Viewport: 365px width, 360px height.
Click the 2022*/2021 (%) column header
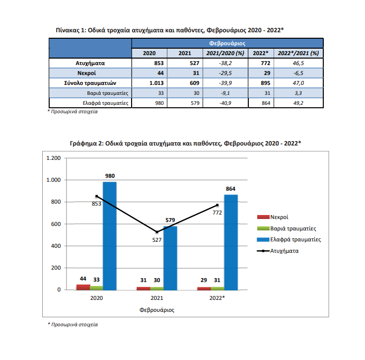(x=298, y=53)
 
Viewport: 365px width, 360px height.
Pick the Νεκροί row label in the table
(x=86, y=73)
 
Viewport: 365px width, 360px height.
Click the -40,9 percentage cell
(x=225, y=103)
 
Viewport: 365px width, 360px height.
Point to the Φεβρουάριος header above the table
(x=227, y=44)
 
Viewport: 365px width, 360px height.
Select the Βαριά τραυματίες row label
(x=108, y=93)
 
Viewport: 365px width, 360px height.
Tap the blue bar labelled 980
(x=110, y=236)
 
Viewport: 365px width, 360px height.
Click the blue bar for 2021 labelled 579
(x=170, y=258)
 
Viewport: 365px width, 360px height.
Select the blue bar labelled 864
(x=231, y=242)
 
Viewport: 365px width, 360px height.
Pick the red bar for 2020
(x=83, y=288)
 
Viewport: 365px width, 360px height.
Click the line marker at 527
(x=157, y=232)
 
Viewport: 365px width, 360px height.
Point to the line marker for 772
(x=217, y=205)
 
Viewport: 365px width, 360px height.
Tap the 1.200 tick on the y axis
(x=53, y=158)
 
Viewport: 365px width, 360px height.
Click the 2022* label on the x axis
(x=217, y=298)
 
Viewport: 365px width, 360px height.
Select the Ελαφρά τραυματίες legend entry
(x=289, y=239)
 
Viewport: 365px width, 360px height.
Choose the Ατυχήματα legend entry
(x=278, y=251)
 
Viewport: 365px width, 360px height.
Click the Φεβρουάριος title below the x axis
(x=156, y=310)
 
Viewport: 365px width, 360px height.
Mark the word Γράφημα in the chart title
(x=83, y=144)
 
